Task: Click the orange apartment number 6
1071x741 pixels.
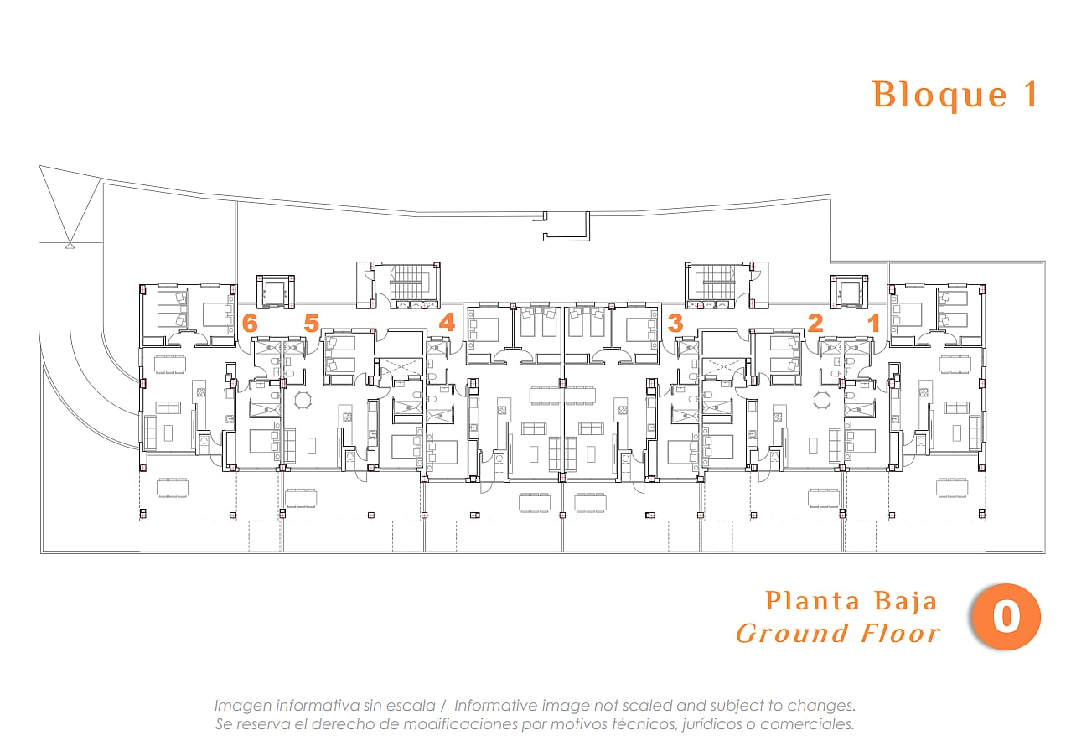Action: coord(250,323)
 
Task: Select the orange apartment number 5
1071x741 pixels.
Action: coord(311,323)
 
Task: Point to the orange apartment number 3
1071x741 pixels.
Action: coord(675,323)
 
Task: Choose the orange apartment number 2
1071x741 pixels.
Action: coord(815,323)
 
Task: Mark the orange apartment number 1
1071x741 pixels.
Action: coord(875,323)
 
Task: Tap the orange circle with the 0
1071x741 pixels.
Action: coord(1006,617)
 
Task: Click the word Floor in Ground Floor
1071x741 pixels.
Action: coord(901,634)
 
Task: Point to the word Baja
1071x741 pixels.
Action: coord(906,601)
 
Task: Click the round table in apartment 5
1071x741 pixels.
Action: coord(303,400)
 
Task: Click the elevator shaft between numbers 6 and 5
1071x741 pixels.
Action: coord(276,292)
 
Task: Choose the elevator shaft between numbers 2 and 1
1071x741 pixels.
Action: coord(849,292)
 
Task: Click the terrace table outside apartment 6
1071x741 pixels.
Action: coord(172,488)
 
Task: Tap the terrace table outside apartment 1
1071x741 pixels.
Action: coord(952,488)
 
